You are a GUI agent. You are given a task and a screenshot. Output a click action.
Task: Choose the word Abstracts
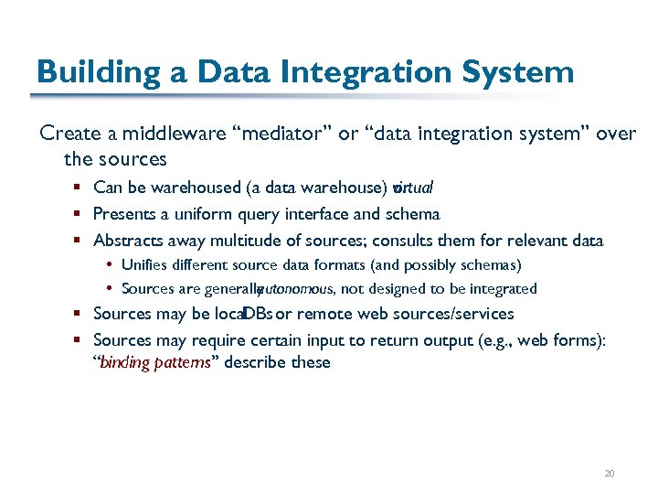[127, 241]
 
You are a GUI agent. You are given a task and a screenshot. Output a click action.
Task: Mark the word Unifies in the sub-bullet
[144, 265]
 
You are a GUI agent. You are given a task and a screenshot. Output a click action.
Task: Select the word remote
[324, 314]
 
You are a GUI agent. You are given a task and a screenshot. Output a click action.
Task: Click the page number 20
[610, 473]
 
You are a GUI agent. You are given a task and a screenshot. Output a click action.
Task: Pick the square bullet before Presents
[80, 215]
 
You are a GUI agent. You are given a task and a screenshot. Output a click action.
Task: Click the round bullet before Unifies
[110, 265]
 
